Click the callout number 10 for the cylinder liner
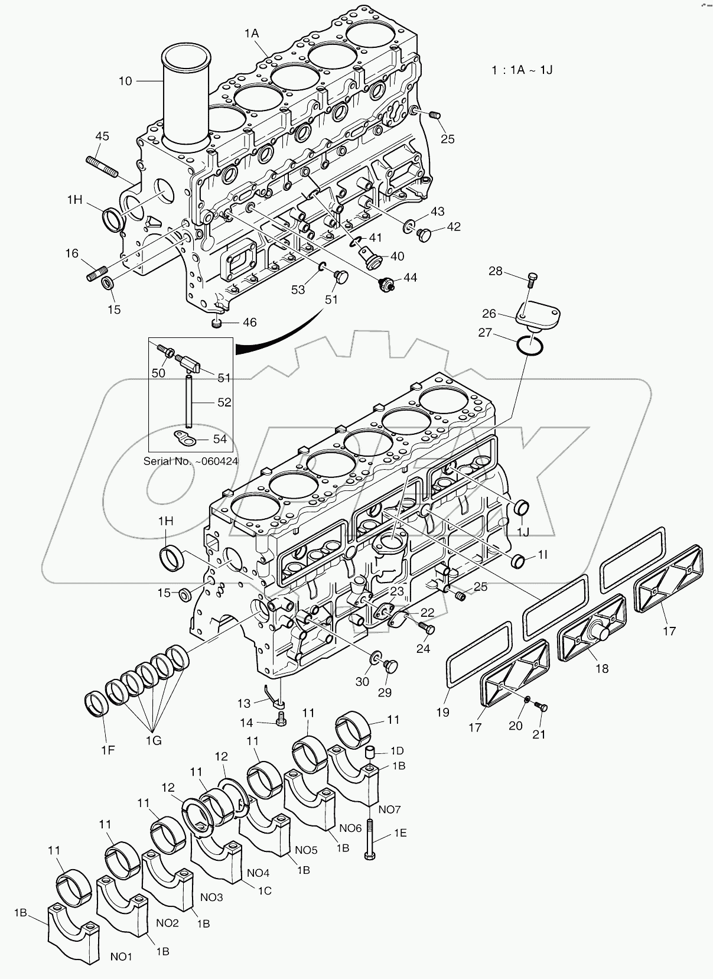pos(125,81)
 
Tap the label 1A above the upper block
pos(252,34)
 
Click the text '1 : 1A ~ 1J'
pos(523,70)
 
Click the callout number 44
pos(410,278)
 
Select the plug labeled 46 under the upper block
pos(217,323)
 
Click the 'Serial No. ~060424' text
pos(191,461)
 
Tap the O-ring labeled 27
pos(529,345)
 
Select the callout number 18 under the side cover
pos(602,669)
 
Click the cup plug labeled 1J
pos(522,507)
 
